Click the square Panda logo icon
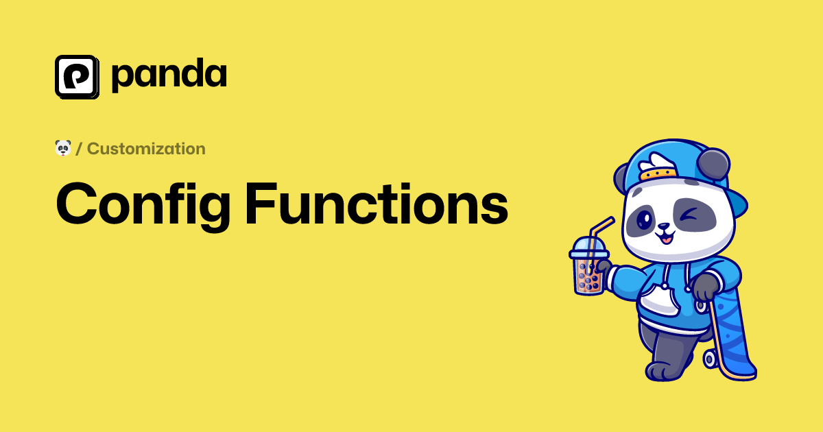click(77, 77)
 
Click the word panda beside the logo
click(169, 75)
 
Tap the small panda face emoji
click(63, 148)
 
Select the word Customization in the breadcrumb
click(146, 149)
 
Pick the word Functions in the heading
click(377, 203)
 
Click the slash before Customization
click(79, 149)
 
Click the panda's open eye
click(644, 219)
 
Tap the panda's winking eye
click(690, 214)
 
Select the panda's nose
click(664, 226)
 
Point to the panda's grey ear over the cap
click(713, 164)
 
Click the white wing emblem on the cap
click(657, 163)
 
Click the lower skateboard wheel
click(711, 359)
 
